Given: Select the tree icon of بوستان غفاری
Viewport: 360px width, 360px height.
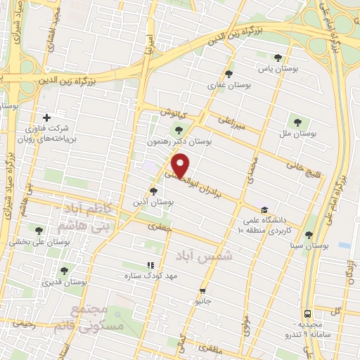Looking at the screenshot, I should (x=228, y=74).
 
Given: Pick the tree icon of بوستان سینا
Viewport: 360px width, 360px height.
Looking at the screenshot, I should (x=309, y=235).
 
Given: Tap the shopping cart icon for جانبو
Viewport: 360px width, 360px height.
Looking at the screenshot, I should (x=202, y=290).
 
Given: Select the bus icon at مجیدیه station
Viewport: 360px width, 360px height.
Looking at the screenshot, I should (x=307, y=314).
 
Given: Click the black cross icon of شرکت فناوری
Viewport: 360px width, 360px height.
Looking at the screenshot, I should (x=47, y=117).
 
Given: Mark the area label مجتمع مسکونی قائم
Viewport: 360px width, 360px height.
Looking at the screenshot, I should (x=98, y=318).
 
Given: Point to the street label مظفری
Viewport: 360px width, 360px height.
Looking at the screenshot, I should (x=210, y=349).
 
